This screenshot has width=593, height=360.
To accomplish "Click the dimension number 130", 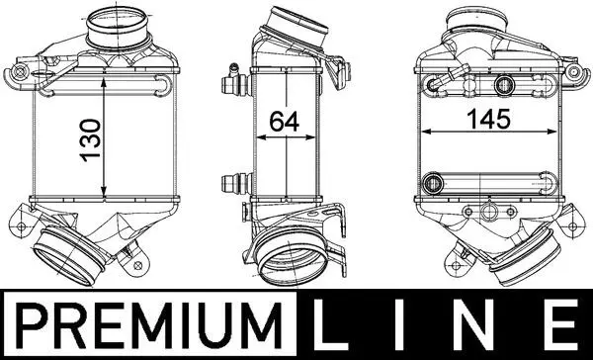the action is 91,140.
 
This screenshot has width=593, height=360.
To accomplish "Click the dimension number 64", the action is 285,121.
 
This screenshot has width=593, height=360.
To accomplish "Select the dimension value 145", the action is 488,119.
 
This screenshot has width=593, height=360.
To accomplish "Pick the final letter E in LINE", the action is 562,324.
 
